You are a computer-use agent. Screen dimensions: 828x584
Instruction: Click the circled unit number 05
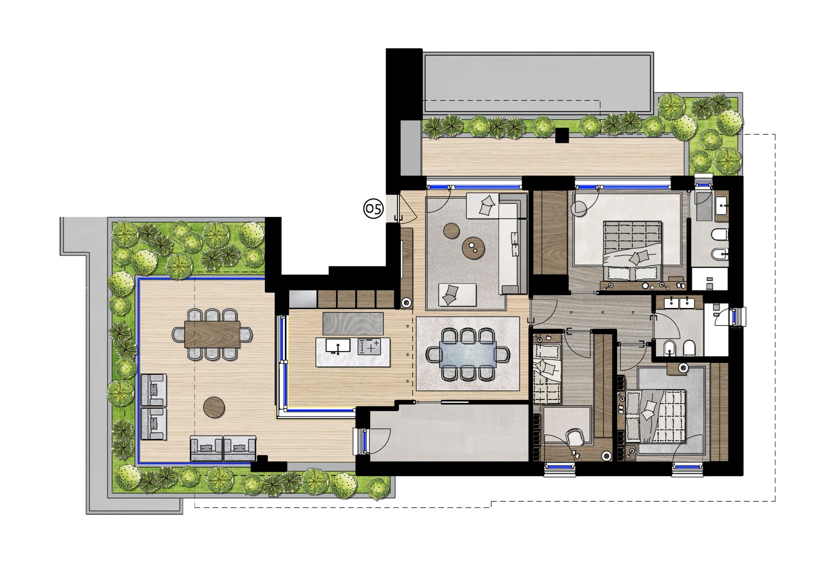point(373,209)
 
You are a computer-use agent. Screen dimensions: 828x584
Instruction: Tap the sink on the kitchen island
point(338,346)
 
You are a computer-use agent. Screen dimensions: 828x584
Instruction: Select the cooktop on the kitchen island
point(369,346)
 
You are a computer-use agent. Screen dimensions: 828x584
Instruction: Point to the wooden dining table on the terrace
point(212,334)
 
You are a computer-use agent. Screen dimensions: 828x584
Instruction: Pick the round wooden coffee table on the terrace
point(214,408)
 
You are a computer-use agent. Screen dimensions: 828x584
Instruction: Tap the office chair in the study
point(574,437)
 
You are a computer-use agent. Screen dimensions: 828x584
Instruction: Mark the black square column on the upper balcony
point(563,135)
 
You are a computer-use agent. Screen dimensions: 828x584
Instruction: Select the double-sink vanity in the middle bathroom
point(679,303)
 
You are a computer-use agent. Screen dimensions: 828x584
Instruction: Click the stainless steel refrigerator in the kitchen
point(303,299)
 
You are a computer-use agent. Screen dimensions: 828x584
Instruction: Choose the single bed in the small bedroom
point(547,373)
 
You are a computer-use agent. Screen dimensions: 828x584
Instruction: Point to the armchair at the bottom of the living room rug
point(457,295)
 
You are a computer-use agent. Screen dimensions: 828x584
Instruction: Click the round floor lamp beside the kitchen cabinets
point(406,303)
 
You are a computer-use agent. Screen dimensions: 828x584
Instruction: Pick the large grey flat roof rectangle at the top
point(537,83)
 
